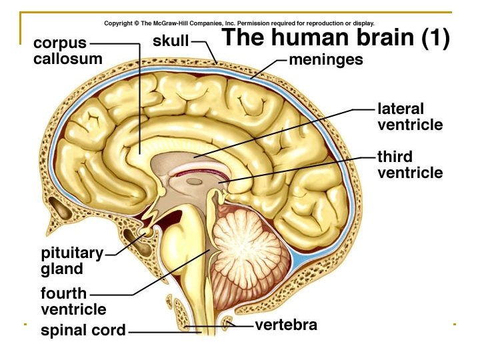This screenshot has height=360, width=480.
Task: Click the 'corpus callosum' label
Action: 68,51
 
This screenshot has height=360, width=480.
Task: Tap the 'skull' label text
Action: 171,41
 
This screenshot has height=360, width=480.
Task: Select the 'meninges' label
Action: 326,60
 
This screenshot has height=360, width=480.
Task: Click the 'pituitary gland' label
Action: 72,261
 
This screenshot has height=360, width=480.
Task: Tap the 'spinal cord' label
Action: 83,331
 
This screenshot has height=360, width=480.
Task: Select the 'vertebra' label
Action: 286,326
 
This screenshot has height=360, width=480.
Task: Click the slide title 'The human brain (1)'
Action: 335,37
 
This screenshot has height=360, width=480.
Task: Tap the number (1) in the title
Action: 436,38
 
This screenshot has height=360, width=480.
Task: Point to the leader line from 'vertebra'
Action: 240,326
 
